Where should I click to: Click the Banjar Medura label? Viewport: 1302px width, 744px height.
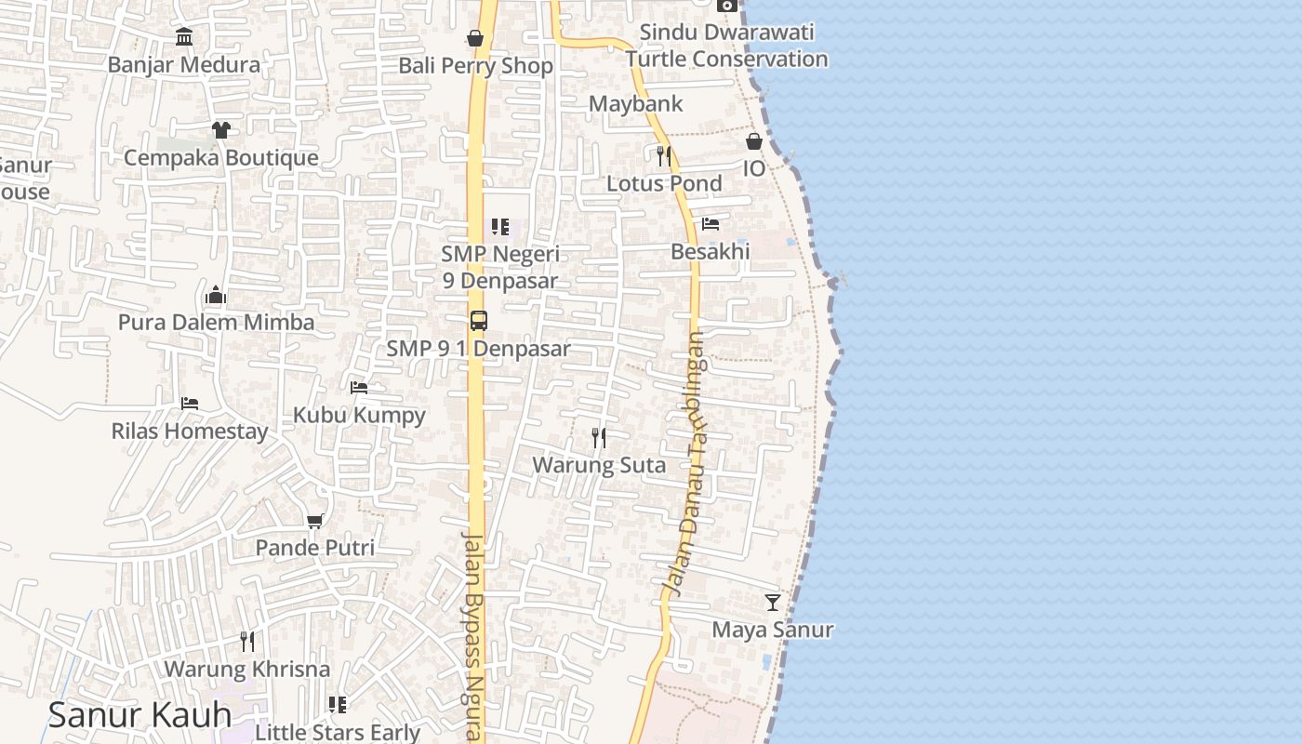184,65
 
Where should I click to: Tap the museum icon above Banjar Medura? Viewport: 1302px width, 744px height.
184,37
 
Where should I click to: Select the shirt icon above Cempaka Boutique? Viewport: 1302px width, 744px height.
220,129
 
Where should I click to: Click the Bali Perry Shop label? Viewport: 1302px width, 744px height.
475,66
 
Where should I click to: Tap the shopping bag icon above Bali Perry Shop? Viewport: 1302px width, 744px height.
474,38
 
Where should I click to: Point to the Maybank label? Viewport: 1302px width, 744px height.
636,103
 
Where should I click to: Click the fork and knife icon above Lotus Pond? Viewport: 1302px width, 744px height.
663,155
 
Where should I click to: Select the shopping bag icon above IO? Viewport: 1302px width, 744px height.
753,141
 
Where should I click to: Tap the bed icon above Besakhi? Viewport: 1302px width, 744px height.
711,224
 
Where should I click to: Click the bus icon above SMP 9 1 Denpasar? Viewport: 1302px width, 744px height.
478,321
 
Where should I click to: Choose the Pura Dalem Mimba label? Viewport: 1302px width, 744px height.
216,323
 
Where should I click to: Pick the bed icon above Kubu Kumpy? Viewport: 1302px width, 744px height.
359,387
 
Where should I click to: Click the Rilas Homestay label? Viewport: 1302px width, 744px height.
190,432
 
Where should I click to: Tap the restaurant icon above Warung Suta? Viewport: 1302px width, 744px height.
599,437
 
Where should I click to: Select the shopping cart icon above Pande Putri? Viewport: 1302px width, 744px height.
314,521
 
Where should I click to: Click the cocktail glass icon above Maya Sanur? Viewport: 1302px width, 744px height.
772,603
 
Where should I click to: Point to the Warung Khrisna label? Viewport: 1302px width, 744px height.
246,670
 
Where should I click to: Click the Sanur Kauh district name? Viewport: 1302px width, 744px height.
139,715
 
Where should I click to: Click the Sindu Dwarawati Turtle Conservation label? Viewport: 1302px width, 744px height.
726,46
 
